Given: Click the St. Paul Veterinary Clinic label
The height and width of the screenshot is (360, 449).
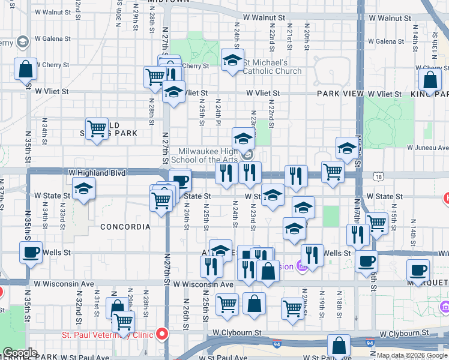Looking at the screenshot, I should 107,334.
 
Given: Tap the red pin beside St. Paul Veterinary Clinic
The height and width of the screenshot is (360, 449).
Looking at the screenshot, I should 161,334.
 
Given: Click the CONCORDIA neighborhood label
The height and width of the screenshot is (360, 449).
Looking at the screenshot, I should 125,227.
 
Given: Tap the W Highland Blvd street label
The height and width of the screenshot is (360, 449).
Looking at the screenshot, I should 97,173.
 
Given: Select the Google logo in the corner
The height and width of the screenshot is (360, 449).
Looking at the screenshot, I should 20,353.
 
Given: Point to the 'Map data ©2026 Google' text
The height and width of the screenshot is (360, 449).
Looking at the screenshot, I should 412,355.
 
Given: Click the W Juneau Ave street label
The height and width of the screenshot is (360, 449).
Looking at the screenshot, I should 427,148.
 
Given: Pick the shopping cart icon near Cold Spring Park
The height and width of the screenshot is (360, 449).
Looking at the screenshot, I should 97,128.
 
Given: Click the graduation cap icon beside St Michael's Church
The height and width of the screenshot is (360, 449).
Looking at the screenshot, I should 232,60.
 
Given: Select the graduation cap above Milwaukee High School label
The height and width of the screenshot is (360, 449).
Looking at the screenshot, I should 243,137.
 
